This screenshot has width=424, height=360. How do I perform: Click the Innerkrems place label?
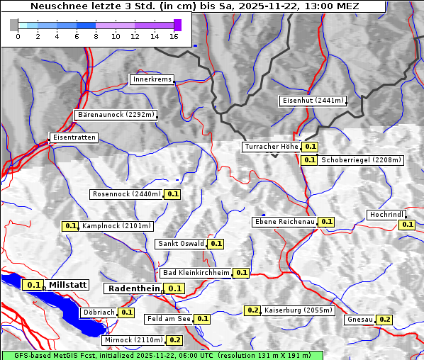(152, 79)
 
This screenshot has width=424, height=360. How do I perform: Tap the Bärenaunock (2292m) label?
(116, 114)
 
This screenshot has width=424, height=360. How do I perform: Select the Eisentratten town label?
(73, 137)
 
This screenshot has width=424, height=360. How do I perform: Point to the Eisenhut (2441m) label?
(313, 101)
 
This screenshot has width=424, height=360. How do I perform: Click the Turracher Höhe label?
(271, 147)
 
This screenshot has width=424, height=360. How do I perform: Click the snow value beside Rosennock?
(173, 194)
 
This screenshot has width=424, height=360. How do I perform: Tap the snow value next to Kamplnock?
(70, 226)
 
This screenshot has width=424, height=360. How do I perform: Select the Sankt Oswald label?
(181, 244)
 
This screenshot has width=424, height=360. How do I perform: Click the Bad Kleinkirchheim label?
(196, 273)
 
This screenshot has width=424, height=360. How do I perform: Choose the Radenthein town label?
(134, 288)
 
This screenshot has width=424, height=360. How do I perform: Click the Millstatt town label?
(67, 285)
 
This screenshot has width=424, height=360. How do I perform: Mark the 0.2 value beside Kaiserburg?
(252, 310)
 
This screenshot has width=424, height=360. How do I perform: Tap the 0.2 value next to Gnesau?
(384, 320)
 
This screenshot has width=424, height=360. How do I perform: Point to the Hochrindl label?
(386, 215)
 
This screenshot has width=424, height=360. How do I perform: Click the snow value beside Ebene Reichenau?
(326, 222)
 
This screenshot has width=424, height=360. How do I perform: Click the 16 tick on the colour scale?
(174, 35)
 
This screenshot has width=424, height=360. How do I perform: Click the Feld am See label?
(169, 319)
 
